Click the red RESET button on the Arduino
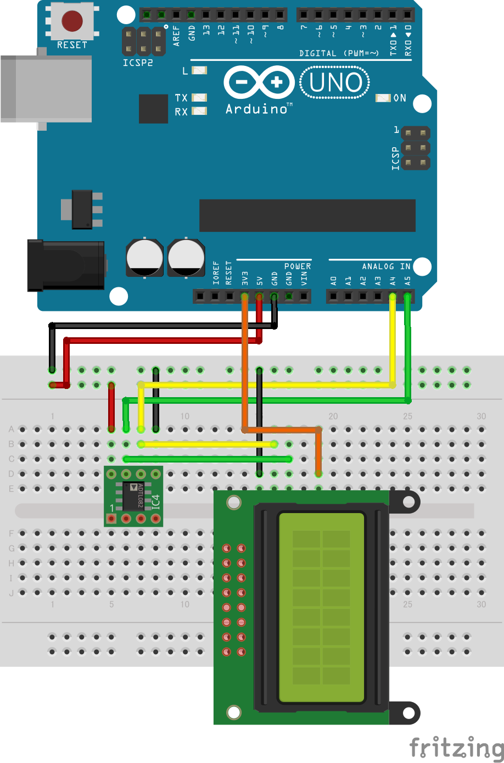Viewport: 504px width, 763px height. coord(72,21)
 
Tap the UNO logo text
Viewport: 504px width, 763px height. coord(335,83)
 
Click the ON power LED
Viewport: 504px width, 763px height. coord(383,98)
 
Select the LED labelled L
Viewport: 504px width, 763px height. coord(199,70)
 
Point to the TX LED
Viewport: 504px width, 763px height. coord(199,98)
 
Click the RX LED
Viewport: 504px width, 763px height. coord(199,112)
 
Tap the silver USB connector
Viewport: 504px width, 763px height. coord(46,88)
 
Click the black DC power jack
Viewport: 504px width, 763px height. coord(66,265)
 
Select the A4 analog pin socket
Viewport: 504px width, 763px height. coord(393,297)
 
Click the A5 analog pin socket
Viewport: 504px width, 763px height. coord(407,297)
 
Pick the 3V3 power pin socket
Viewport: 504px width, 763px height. coord(245,297)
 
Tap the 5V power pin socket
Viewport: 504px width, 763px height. coord(260,297)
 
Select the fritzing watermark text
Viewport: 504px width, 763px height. coord(456,749)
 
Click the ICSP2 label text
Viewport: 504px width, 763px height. coord(137,63)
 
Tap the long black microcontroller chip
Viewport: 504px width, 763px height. coord(307,215)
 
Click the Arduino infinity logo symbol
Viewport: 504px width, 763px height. coord(259,83)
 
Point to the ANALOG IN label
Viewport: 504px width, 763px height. coord(386,266)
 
